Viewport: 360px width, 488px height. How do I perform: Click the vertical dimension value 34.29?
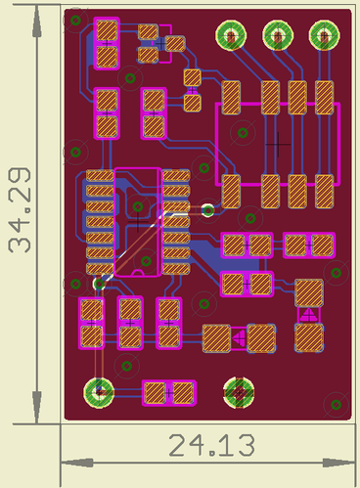(20, 210)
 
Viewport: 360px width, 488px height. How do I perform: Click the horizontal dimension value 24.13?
(211, 445)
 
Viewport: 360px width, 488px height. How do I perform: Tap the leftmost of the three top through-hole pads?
(231, 35)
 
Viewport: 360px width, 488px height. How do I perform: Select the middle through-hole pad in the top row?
(278, 35)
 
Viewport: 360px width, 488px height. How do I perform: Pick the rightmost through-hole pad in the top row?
(325, 35)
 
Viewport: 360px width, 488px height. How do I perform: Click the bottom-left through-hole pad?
(99, 392)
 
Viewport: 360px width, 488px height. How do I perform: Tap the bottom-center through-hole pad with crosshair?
(239, 392)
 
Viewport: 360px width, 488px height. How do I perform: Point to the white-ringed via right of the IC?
(207, 210)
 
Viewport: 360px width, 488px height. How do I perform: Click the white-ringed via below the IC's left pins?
(99, 284)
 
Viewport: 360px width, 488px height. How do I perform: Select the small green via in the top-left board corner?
(75, 21)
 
